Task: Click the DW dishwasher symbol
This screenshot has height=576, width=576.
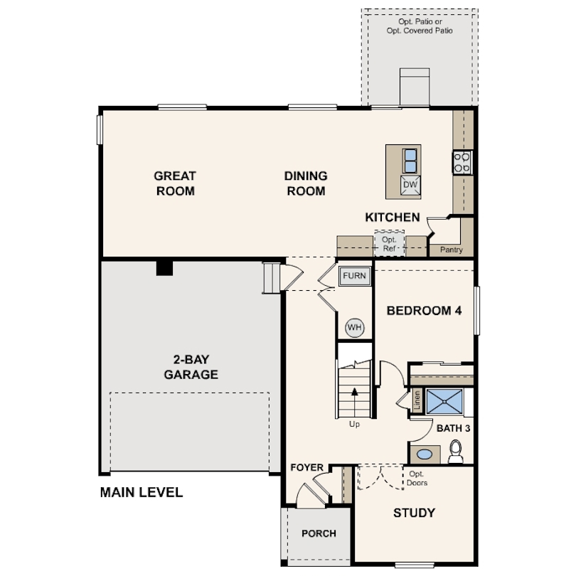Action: tap(410, 185)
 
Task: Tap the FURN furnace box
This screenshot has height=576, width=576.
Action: tap(355, 276)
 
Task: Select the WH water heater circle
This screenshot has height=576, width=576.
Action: tap(355, 327)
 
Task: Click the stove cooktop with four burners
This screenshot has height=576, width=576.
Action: tap(462, 162)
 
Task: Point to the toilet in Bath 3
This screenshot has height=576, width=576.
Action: tap(456, 452)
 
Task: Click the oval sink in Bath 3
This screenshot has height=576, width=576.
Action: tap(425, 454)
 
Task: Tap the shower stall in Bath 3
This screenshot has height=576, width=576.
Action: tap(444, 402)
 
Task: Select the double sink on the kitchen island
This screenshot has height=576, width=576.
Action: tap(410, 161)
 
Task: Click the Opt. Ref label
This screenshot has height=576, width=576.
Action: tap(389, 244)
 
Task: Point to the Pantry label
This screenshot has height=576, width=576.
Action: tap(451, 250)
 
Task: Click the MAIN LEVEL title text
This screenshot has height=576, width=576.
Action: tap(142, 492)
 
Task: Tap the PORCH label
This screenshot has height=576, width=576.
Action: tap(319, 533)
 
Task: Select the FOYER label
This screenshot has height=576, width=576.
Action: tap(306, 468)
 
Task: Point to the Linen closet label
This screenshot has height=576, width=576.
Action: tap(417, 400)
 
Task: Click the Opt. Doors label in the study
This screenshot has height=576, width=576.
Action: tap(417, 479)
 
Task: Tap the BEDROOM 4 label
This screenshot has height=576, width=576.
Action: tap(424, 311)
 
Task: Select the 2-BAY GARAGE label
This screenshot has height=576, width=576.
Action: tap(191, 367)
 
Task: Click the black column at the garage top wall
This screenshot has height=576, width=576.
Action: tap(164, 268)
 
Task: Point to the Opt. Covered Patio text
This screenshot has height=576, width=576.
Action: tap(420, 31)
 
